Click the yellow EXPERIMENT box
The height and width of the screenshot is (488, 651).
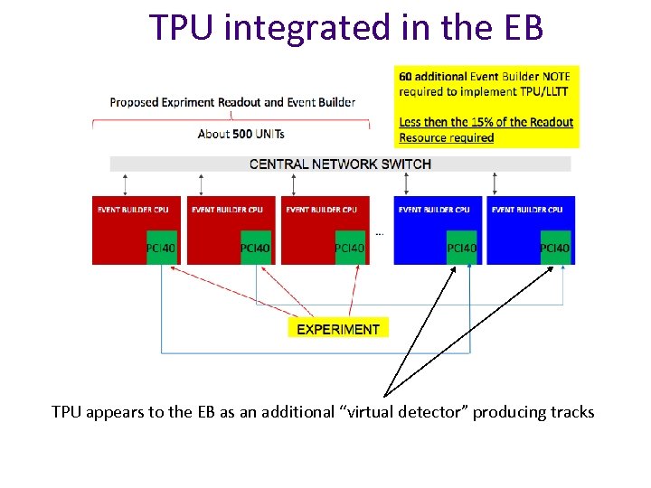tap(338, 329)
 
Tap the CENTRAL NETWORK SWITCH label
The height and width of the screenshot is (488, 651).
tap(340, 164)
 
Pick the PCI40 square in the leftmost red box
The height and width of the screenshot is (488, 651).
tap(162, 248)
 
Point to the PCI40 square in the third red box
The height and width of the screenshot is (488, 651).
tap(350, 248)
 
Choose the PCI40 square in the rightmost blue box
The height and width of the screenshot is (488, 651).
tap(555, 248)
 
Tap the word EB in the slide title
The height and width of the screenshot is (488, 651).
tap(520, 28)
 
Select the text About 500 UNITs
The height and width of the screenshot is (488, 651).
tap(241, 134)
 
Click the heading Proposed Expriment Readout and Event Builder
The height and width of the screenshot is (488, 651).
tap(232, 102)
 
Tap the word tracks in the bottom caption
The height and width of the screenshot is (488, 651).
tap(572, 412)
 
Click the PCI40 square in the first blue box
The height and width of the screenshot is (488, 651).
tap(461, 248)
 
